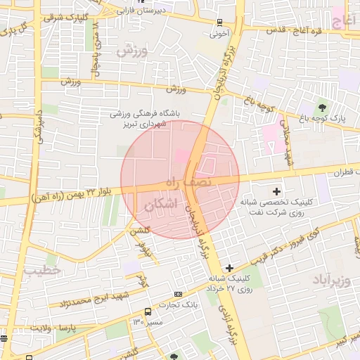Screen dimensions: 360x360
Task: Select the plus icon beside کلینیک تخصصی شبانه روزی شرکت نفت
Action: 276,191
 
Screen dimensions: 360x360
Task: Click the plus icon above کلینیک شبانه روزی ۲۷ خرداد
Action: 229,268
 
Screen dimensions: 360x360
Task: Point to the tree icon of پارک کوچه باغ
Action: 322,108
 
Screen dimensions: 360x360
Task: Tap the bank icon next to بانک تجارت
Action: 178,294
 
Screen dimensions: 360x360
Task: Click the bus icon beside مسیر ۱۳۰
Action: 148,311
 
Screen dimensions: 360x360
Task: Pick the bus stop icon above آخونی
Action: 220,22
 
